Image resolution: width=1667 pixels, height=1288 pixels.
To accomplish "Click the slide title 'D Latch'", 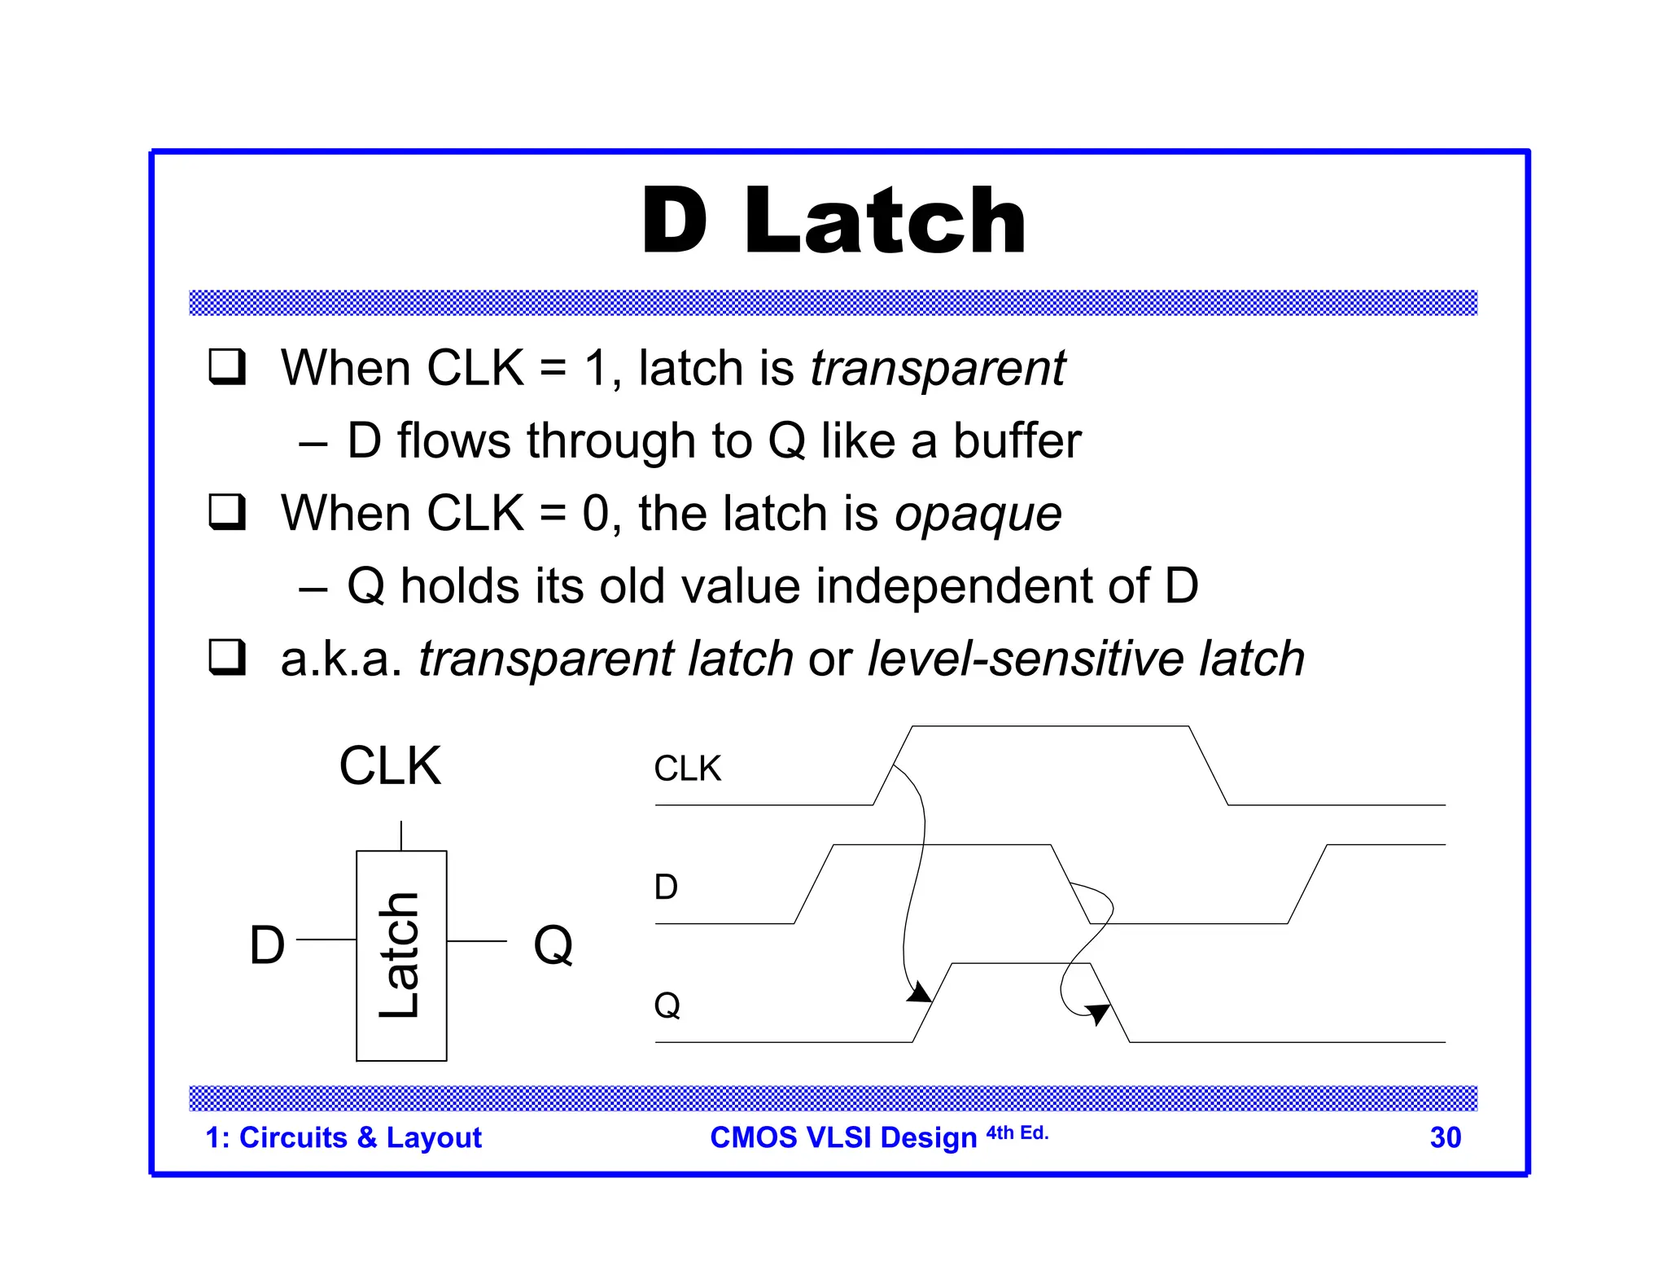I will click(x=833, y=221).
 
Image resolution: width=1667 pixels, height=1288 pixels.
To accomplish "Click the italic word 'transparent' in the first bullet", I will click(x=937, y=368).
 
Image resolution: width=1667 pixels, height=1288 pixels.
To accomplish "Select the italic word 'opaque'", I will click(x=978, y=515).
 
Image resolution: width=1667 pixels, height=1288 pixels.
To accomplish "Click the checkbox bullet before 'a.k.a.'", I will click(x=226, y=657).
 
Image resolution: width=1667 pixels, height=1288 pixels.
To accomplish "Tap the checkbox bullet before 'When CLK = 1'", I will click(x=226, y=366).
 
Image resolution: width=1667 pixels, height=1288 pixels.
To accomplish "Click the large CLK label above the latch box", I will click(x=390, y=766).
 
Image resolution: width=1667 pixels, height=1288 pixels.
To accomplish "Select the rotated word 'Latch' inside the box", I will click(x=400, y=955).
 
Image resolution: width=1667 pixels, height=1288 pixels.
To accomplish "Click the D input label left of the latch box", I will click(x=267, y=945).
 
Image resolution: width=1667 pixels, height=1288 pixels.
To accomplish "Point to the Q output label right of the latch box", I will click(x=553, y=945).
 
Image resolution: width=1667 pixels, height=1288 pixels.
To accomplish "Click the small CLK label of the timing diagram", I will click(x=687, y=769).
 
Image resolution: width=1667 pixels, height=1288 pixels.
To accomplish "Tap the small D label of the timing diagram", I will click(x=665, y=887).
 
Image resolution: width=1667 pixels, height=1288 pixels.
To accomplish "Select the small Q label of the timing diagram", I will click(x=667, y=1005).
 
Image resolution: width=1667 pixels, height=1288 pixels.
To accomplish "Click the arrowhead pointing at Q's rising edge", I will click(x=920, y=992).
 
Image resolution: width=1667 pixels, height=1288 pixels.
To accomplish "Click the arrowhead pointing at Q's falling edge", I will click(x=1097, y=1013).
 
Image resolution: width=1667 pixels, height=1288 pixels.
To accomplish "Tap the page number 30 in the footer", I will click(x=1445, y=1137).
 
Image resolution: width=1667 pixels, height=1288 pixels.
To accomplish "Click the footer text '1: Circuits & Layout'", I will click(x=343, y=1137).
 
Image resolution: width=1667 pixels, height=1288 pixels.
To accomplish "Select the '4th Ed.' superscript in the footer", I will click(x=1017, y=1132).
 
